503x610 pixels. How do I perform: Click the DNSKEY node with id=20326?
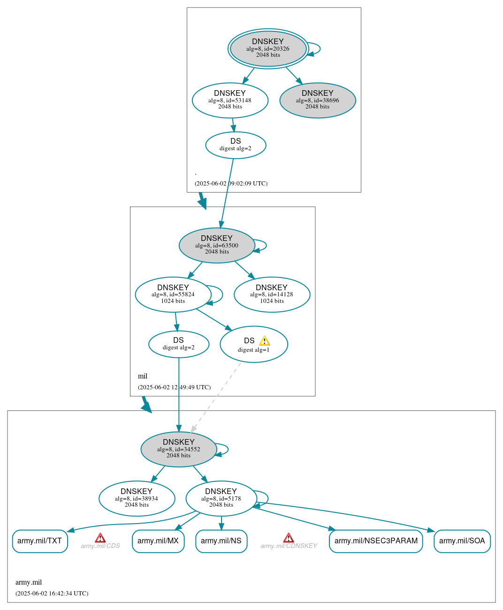coord(268,48)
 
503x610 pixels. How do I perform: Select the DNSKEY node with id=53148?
coord(230,100)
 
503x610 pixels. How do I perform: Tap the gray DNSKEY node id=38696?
coord(318,100)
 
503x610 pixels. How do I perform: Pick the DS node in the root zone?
coord(236,145)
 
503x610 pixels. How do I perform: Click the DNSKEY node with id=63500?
coord(217,245)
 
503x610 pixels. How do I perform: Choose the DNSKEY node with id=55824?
coord(173,294)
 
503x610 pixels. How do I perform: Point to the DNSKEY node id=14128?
coord(272,294)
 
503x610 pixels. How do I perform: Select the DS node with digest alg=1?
coord(253,344)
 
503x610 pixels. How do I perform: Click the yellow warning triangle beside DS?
coord(265,341)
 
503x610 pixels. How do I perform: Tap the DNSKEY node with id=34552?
coord(179,449)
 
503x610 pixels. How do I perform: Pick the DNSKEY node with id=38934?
coord(137,498)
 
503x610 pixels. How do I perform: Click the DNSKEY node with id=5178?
coord(221,498)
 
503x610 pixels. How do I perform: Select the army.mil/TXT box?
coord(40,541)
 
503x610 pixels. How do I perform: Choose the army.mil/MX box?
coord(158,541)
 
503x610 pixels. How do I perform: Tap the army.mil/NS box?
coord(221,541)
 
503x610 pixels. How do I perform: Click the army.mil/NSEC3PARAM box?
coord(376,541)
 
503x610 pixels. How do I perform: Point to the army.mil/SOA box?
coord(462,541)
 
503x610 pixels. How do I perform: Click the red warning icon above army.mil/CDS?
coord(100,538)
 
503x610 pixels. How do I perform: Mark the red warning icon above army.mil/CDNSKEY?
coord(289,538)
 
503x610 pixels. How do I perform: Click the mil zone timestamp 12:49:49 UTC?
coord(174,387)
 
